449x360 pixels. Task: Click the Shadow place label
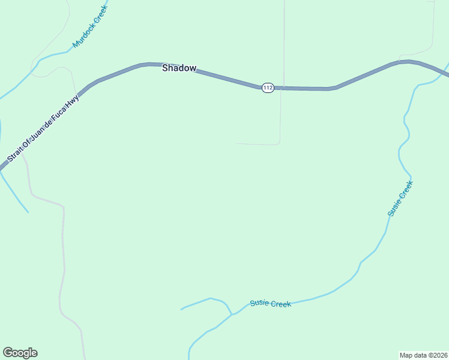[x=179, y=68]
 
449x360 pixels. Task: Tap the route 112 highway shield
[x=268, y=88]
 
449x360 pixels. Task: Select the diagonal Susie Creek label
[x=400, y=199]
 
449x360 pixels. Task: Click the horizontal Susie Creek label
[x=271, y=304]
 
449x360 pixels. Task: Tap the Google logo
[x=20, y=353]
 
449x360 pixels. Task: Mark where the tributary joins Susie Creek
[x=232, y=314]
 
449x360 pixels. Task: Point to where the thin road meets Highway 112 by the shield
[x=282, y=88]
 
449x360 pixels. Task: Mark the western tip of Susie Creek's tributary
[x=181, y=310]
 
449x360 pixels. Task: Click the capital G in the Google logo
[x=7, y=353]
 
